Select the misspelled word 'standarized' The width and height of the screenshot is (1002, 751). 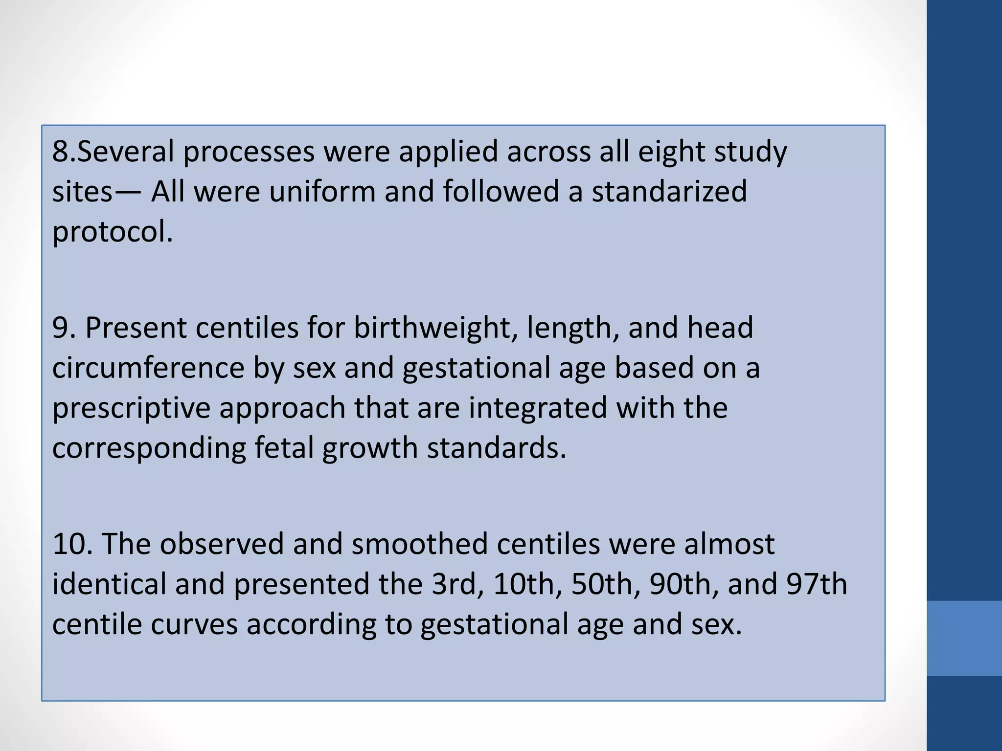(x=669, y=192)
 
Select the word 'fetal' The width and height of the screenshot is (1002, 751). (x=284, y=448)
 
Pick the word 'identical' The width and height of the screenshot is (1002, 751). (x=109, y=584)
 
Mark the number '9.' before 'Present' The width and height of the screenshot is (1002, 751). (x=64, y=328)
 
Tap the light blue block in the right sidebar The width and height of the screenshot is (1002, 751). (x=964, y=638)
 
